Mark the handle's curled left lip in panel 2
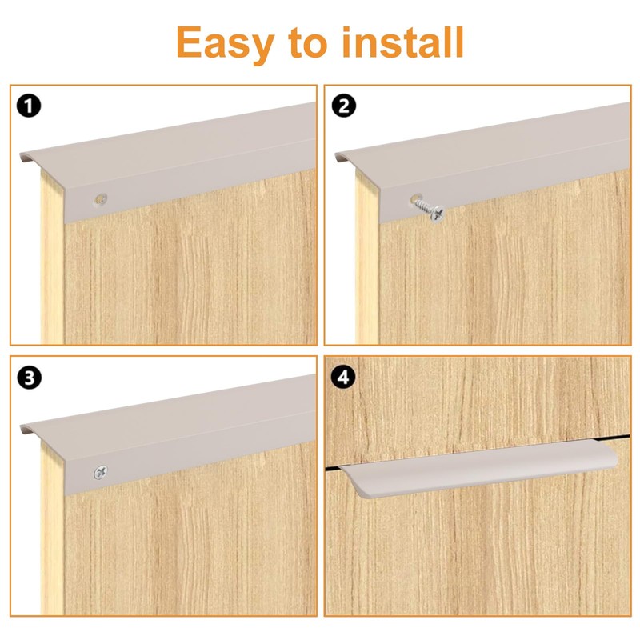pyautogui.click(x=340, y=156)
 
